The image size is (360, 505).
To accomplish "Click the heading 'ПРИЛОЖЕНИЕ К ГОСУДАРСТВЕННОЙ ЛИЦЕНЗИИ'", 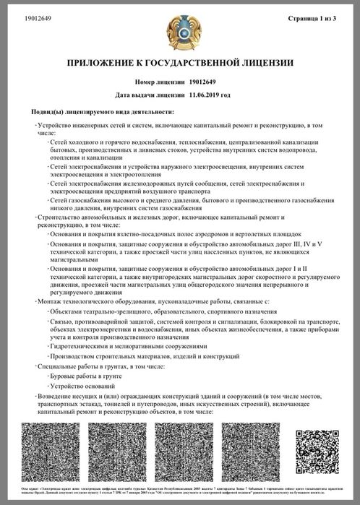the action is point(180,63).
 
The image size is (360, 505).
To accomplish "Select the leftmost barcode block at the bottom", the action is point(49,454).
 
